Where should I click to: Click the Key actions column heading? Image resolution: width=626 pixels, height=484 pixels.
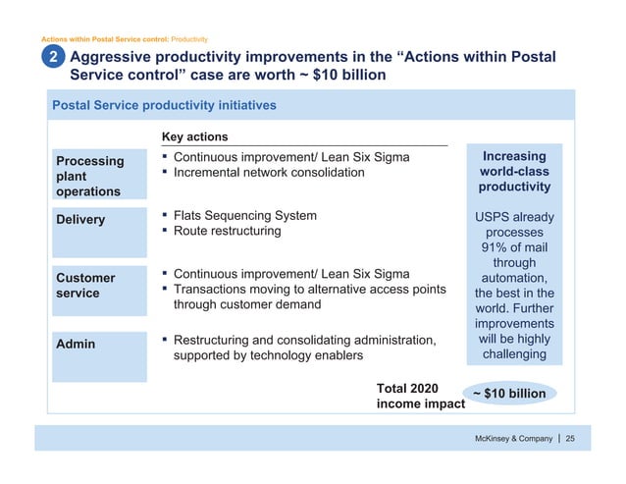coord(194,136)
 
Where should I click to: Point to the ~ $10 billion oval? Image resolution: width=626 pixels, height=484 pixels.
coord(509,394)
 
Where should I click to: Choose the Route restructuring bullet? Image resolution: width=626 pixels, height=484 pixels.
coord(227,232)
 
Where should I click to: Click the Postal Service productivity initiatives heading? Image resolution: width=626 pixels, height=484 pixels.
coord(164,105)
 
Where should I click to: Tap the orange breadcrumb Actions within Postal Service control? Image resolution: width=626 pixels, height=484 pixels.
coord(104,39)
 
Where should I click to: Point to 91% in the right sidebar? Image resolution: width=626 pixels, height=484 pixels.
coord(488,248)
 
